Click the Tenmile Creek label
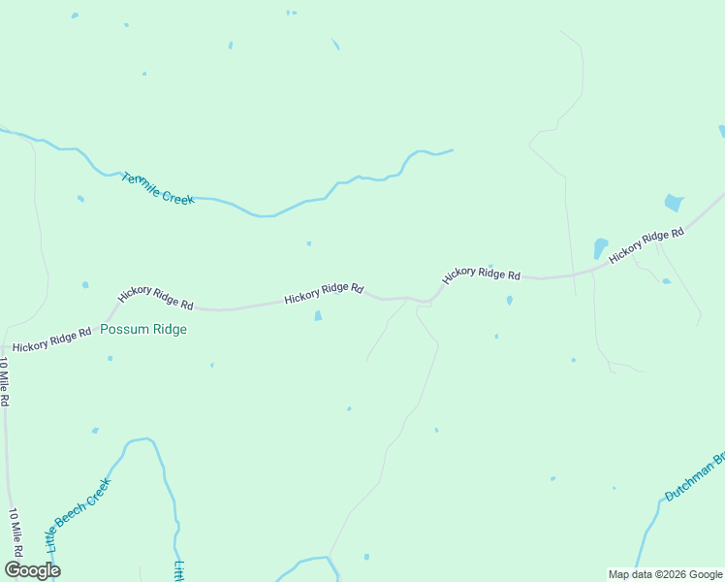pos(158,188)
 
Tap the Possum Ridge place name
pos(143,329)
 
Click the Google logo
pos(32,570)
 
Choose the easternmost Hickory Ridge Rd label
pos(646,245)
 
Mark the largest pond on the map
pos(673,203)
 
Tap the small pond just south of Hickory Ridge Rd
pos(318,315)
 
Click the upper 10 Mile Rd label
pos(4,381)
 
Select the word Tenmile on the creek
pos(142,183)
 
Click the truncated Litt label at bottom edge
pos(179,571)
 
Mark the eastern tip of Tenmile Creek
pos(453,150)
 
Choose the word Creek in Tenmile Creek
pos(178,196)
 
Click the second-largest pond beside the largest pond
pos(600,247)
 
